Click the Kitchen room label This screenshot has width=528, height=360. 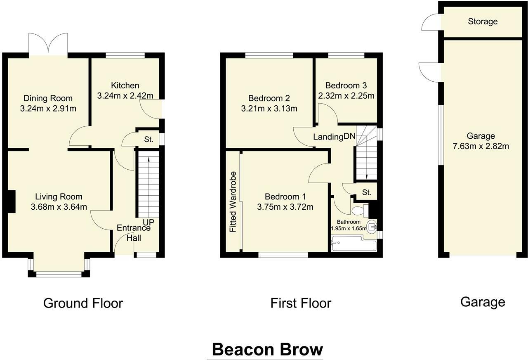125,85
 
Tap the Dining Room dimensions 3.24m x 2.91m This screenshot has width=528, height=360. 48,109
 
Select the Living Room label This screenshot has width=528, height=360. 59,197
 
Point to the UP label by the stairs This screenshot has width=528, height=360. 149,222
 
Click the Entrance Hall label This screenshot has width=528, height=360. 134,233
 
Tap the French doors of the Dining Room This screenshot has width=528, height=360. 48,45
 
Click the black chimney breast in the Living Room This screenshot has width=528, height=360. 11,201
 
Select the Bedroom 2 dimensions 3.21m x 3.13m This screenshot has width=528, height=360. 269,109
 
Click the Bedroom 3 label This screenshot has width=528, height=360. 346,85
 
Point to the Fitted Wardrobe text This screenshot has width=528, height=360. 233,202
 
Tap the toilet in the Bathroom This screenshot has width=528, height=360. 360,211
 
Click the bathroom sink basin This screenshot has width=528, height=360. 372,227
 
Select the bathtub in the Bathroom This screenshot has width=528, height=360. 354,244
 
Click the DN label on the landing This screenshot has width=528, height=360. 349,137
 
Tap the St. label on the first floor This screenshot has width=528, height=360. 367,192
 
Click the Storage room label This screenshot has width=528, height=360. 483,21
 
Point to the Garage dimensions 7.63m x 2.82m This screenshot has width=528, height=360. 481,146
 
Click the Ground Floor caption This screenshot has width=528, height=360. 83,303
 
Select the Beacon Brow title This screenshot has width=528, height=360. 268,350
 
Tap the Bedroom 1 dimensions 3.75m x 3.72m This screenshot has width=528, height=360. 285,207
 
